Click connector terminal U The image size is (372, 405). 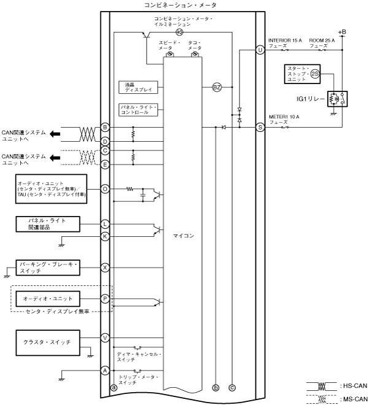[x=260, y=49]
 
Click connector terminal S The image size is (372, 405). [x=260, y=127]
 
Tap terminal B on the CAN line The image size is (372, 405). [x=105, y=127]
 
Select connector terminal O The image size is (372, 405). [x=105, y=189]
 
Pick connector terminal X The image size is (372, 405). [x=105, y=268]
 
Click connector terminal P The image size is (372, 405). [x=105, y=299]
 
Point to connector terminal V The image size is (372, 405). [x=105, y=337]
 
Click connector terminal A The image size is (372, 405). [x=105, y=370]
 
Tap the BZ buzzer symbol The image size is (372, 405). [x=216, y=87]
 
